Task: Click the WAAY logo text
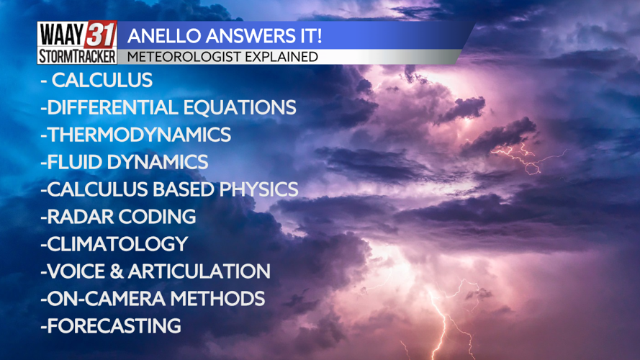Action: [61, 35]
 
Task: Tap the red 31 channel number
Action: [101, 35]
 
